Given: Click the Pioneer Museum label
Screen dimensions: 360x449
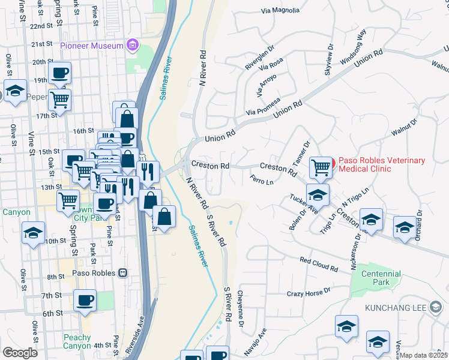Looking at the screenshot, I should coord(92,46).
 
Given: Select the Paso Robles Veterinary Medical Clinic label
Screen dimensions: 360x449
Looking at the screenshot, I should coord(382,164).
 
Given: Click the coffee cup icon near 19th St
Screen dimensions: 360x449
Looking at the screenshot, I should coord(59,74).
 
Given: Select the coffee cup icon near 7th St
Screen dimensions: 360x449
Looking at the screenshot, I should coord(85,299).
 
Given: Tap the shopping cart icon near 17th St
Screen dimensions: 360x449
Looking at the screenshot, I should coord(59,100).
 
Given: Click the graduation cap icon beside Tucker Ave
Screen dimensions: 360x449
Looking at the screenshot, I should coord(318,194).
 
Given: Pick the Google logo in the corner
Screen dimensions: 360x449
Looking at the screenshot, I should coord(20,352).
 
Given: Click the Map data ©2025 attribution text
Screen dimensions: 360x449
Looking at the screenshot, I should coord(423,355).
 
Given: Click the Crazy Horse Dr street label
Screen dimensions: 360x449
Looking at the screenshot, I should coord(309,292).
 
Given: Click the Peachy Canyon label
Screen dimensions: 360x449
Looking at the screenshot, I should coord(77,341).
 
